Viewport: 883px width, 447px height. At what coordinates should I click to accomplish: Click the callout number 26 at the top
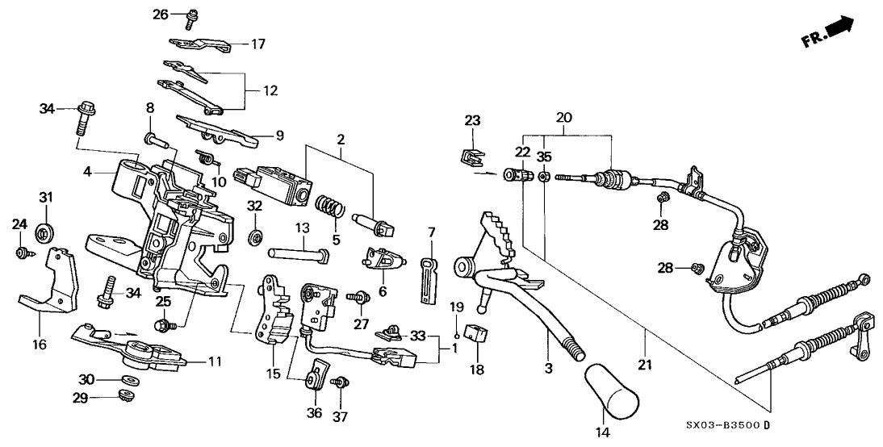(x=160, y=14)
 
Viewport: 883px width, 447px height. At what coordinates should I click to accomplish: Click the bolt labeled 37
(x=340, y=383)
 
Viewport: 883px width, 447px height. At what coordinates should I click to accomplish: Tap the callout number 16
(x=40, y=345)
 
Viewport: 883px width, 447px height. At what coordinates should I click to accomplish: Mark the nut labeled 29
(x=126, y=395)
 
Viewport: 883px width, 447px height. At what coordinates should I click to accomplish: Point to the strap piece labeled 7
(x=429, y=276)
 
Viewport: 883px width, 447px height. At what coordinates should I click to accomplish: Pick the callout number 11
(x=215, y=361)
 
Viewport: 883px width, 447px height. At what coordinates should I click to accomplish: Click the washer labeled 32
(x=255, y=236)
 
